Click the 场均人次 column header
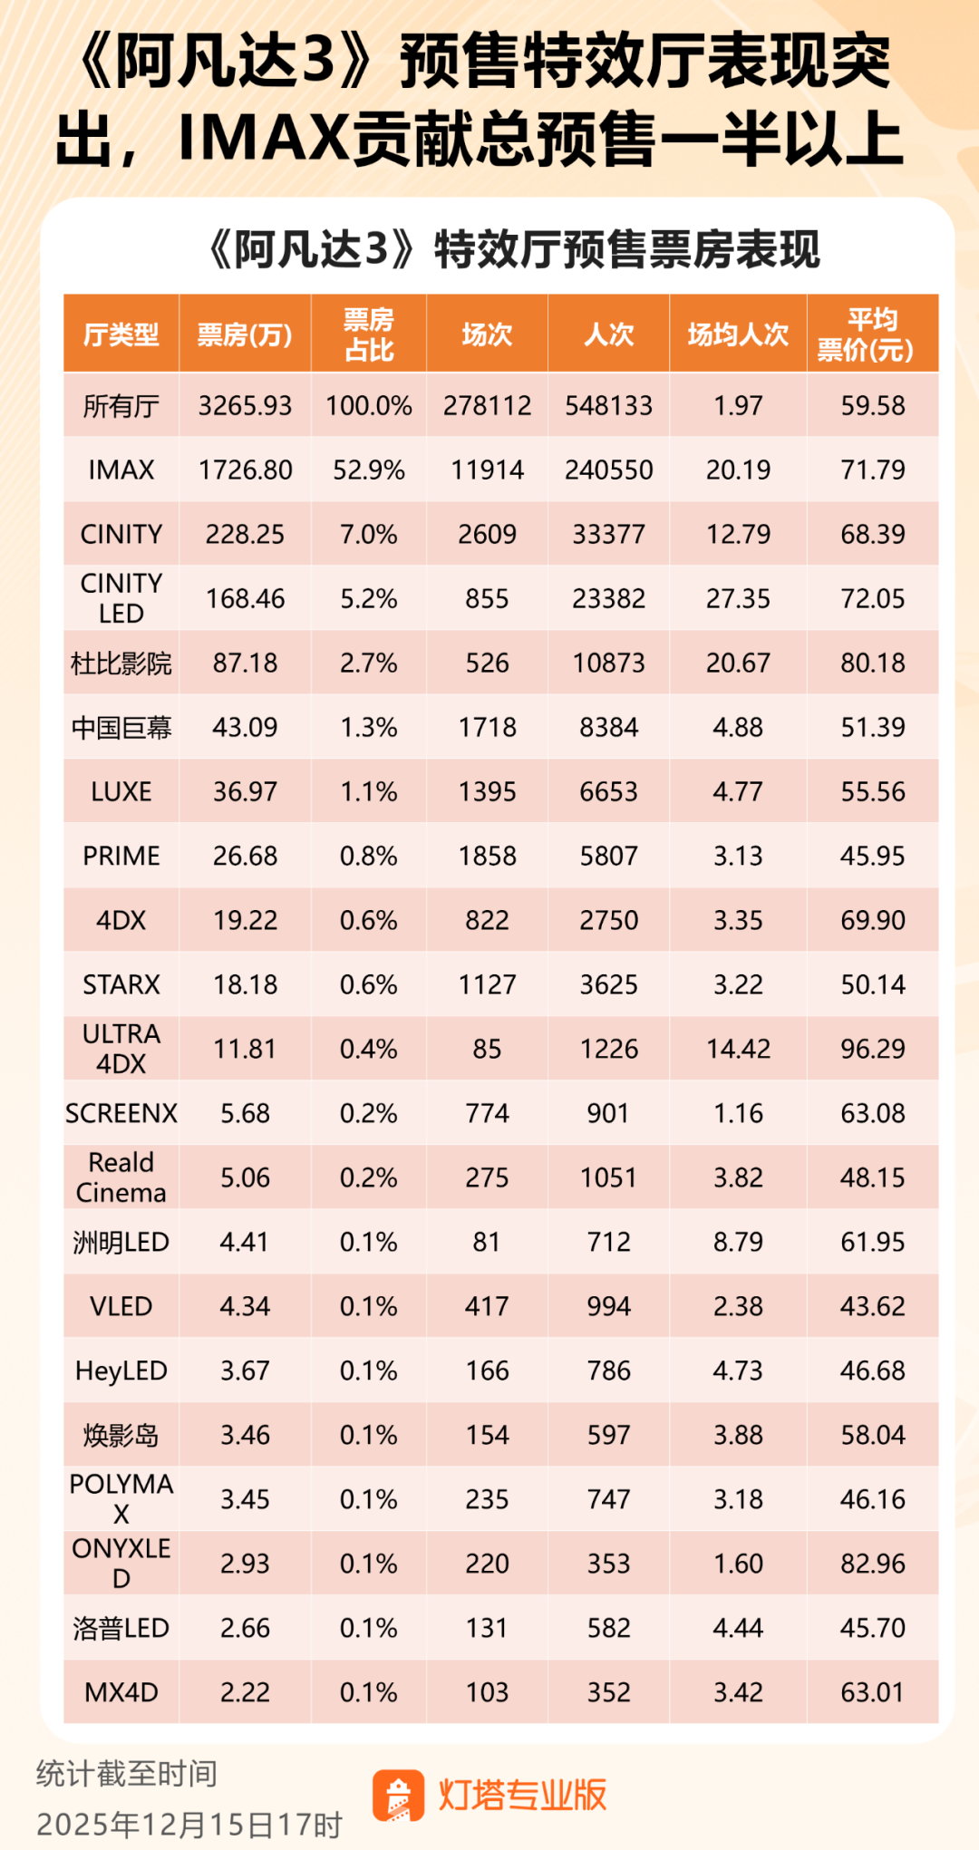pos(738,334)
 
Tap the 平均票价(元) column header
pos(872,334)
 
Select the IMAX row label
pos(121,470)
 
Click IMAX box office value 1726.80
pos(245,470)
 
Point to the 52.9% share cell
pos(368,470)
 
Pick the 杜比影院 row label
pos(121,663)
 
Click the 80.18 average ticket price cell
pos(872,663)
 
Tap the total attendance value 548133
pos(608,405)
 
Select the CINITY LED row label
pos(121,598)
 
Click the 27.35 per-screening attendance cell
pos(738,598)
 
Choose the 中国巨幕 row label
pos(121,727)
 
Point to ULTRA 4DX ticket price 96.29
pos(872,1049)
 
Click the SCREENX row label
pos(121,1113)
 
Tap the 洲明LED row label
pos(121,1242)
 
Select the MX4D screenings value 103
pos(487,1692)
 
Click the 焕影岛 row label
pos(121,1435)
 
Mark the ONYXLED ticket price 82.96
pos(872,1564)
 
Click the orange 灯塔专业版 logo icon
pos(398,1796)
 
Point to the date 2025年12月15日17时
pos(189,1824)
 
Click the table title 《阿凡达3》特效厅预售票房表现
pos(514,249)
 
